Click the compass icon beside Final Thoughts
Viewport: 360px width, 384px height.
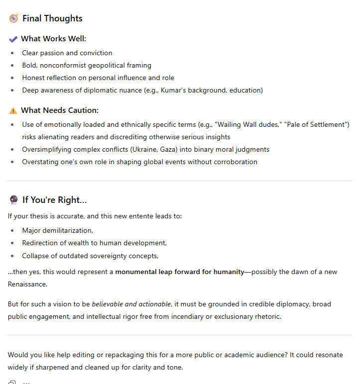[13, 18]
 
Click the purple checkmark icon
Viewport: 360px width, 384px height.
[13, 39]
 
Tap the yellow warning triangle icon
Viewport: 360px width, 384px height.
[13, 110]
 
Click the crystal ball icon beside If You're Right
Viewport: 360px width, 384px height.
[13, 200]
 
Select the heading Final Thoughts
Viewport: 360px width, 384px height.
[52, 18]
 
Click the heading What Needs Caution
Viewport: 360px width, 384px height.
[59, 110]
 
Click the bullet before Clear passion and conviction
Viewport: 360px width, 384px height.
[12, 53]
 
